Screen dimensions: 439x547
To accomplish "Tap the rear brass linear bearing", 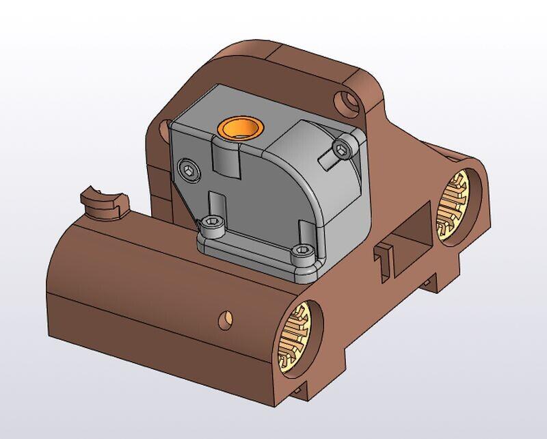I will [x=454, y=205].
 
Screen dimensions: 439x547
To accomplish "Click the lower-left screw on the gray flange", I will [x=214, y=225].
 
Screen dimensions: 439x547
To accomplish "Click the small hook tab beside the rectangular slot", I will [x=383, y=257].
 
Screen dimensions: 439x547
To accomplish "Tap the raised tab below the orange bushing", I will [x=226, y=159].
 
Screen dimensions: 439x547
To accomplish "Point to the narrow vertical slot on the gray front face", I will [x=217, y=205].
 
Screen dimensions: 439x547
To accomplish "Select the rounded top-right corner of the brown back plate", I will [x=369, y=82].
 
